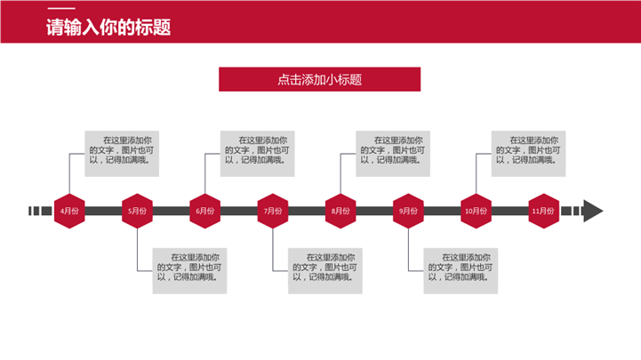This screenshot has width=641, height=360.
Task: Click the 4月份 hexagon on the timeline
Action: (x=69, y=211)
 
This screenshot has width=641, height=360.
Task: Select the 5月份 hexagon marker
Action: (x=137, y=211)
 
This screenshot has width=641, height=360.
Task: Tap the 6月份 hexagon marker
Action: (x=204, y=211)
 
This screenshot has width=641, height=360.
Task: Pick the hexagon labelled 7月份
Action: (x=273, y=211)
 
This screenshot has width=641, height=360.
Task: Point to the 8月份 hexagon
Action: (x=341, y=211)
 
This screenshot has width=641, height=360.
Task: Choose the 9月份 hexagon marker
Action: (x=408, y=211)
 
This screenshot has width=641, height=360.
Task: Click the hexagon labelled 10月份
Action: (x=476, y=211)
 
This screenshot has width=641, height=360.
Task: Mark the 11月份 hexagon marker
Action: (x=543, y=211)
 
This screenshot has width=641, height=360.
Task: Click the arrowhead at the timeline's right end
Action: (x=592, y=211)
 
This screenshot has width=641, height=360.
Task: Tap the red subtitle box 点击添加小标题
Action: (x=319, y=79)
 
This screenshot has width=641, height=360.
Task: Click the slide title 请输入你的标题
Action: (x=108, y=28)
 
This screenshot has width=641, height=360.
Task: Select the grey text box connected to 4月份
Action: (x=124, y=151)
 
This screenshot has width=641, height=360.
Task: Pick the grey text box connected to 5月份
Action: (x=192, y=269)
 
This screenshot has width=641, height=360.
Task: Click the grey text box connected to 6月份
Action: (x=260, y=151)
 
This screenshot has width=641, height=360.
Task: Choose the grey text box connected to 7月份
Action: (x=327, y=269)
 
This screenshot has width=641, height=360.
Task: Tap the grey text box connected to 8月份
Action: (x=395, y=151)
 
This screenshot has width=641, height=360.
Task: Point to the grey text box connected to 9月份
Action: (x=462, y=269)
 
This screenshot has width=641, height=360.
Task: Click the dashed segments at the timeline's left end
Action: (x=40, y=211)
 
